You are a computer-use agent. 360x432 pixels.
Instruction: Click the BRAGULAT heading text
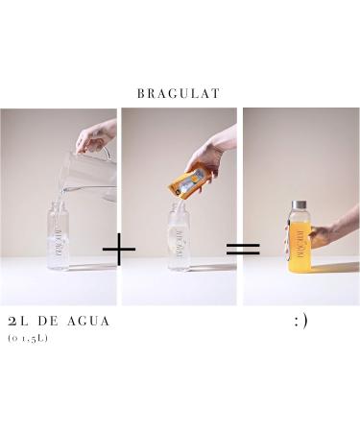(180, 93)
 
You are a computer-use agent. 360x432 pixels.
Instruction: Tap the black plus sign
(119, 252)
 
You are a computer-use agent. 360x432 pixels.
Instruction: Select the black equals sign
(243, 251)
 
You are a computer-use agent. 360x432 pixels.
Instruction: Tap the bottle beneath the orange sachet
(180, 250)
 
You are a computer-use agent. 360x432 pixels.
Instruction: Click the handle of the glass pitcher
(106, 152)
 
